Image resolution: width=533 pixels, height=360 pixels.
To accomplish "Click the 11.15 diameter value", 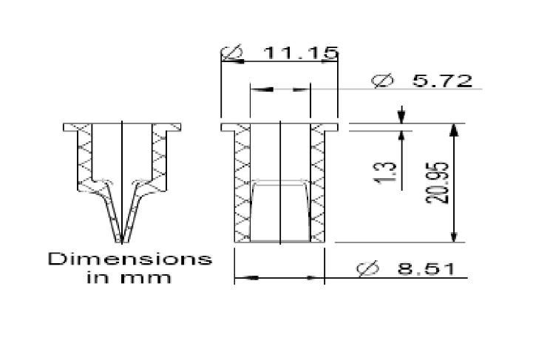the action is [301, 53].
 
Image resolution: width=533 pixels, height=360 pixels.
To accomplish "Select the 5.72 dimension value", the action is [442, 81].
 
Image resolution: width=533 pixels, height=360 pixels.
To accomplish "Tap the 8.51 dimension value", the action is [427, 269].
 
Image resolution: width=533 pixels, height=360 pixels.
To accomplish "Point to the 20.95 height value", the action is [438, 183].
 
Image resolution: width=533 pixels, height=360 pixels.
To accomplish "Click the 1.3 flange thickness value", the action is [386, 173].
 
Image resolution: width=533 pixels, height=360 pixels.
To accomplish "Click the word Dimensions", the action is [130, 259].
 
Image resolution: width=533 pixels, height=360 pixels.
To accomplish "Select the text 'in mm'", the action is [129, 277].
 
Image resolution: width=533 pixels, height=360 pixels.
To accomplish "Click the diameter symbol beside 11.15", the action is [232, 52].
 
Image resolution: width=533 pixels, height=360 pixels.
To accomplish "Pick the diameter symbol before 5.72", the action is [382, 81].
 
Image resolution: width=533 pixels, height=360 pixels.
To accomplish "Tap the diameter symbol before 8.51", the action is [367, 269].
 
